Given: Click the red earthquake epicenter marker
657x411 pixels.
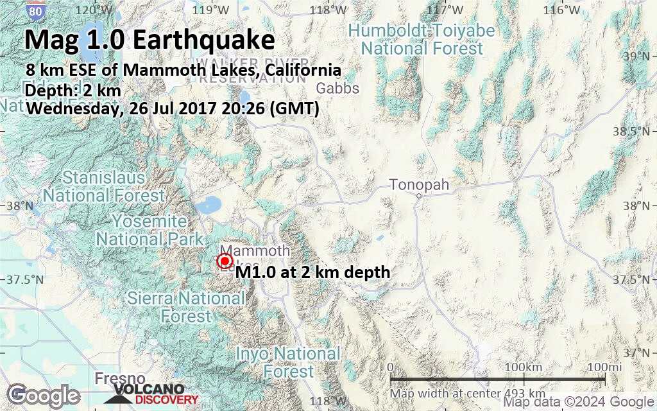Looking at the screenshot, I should (225, 261).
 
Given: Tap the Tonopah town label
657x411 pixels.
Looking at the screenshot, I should (419, 185).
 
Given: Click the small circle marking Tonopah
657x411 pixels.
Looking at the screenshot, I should (418, 197).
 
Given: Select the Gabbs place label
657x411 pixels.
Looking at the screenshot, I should (338, 89).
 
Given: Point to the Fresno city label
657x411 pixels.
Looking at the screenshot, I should (119, 378).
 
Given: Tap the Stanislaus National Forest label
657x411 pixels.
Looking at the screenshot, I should (104, 185).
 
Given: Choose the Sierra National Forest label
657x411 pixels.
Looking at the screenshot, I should (186, 306).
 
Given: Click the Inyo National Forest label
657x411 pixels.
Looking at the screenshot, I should (288, 362).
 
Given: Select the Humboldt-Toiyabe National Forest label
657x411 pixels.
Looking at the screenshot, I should (422, 39).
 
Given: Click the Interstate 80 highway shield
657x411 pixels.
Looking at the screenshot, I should (37, 10).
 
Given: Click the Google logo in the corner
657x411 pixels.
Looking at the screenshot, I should (44, 395).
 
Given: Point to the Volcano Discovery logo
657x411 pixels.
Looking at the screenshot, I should (148, 394).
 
